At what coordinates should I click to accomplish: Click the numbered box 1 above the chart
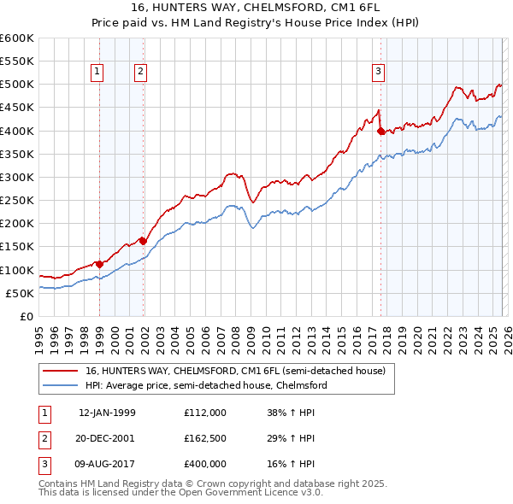(98, 73)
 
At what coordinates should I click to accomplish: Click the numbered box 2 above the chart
(139, 73)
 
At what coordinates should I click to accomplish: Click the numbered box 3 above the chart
(378, 73)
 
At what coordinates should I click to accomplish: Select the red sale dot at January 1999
(100, 264)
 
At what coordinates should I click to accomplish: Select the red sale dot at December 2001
(143, 241)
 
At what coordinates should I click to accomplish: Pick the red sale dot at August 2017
(380, 131)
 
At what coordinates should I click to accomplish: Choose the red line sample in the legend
(60, 371)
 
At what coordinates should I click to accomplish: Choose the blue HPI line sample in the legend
(60, 385)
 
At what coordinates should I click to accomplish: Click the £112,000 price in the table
(205, 412)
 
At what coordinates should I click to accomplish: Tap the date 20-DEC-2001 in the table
(107, 438)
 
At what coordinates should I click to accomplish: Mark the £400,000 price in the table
(205, 464)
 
